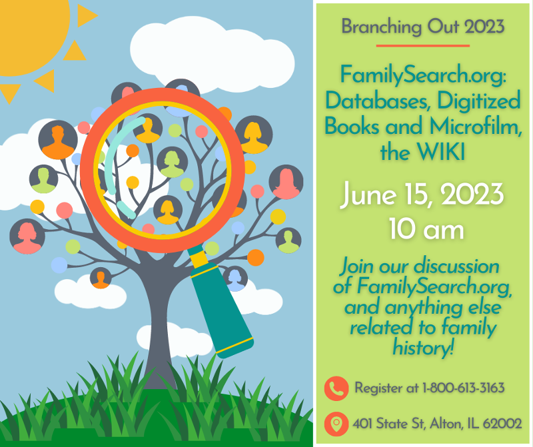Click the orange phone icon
tap(336, 388)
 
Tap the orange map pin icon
tap(336, 424)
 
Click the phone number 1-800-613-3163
tap(463, 388)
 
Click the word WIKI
tap(441, 152)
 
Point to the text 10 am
tap(426, 229)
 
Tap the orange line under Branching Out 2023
tap(423, 45)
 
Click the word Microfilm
tap(476, 126)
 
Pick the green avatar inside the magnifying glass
tap(172, 162)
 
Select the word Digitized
tap(479, 101)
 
